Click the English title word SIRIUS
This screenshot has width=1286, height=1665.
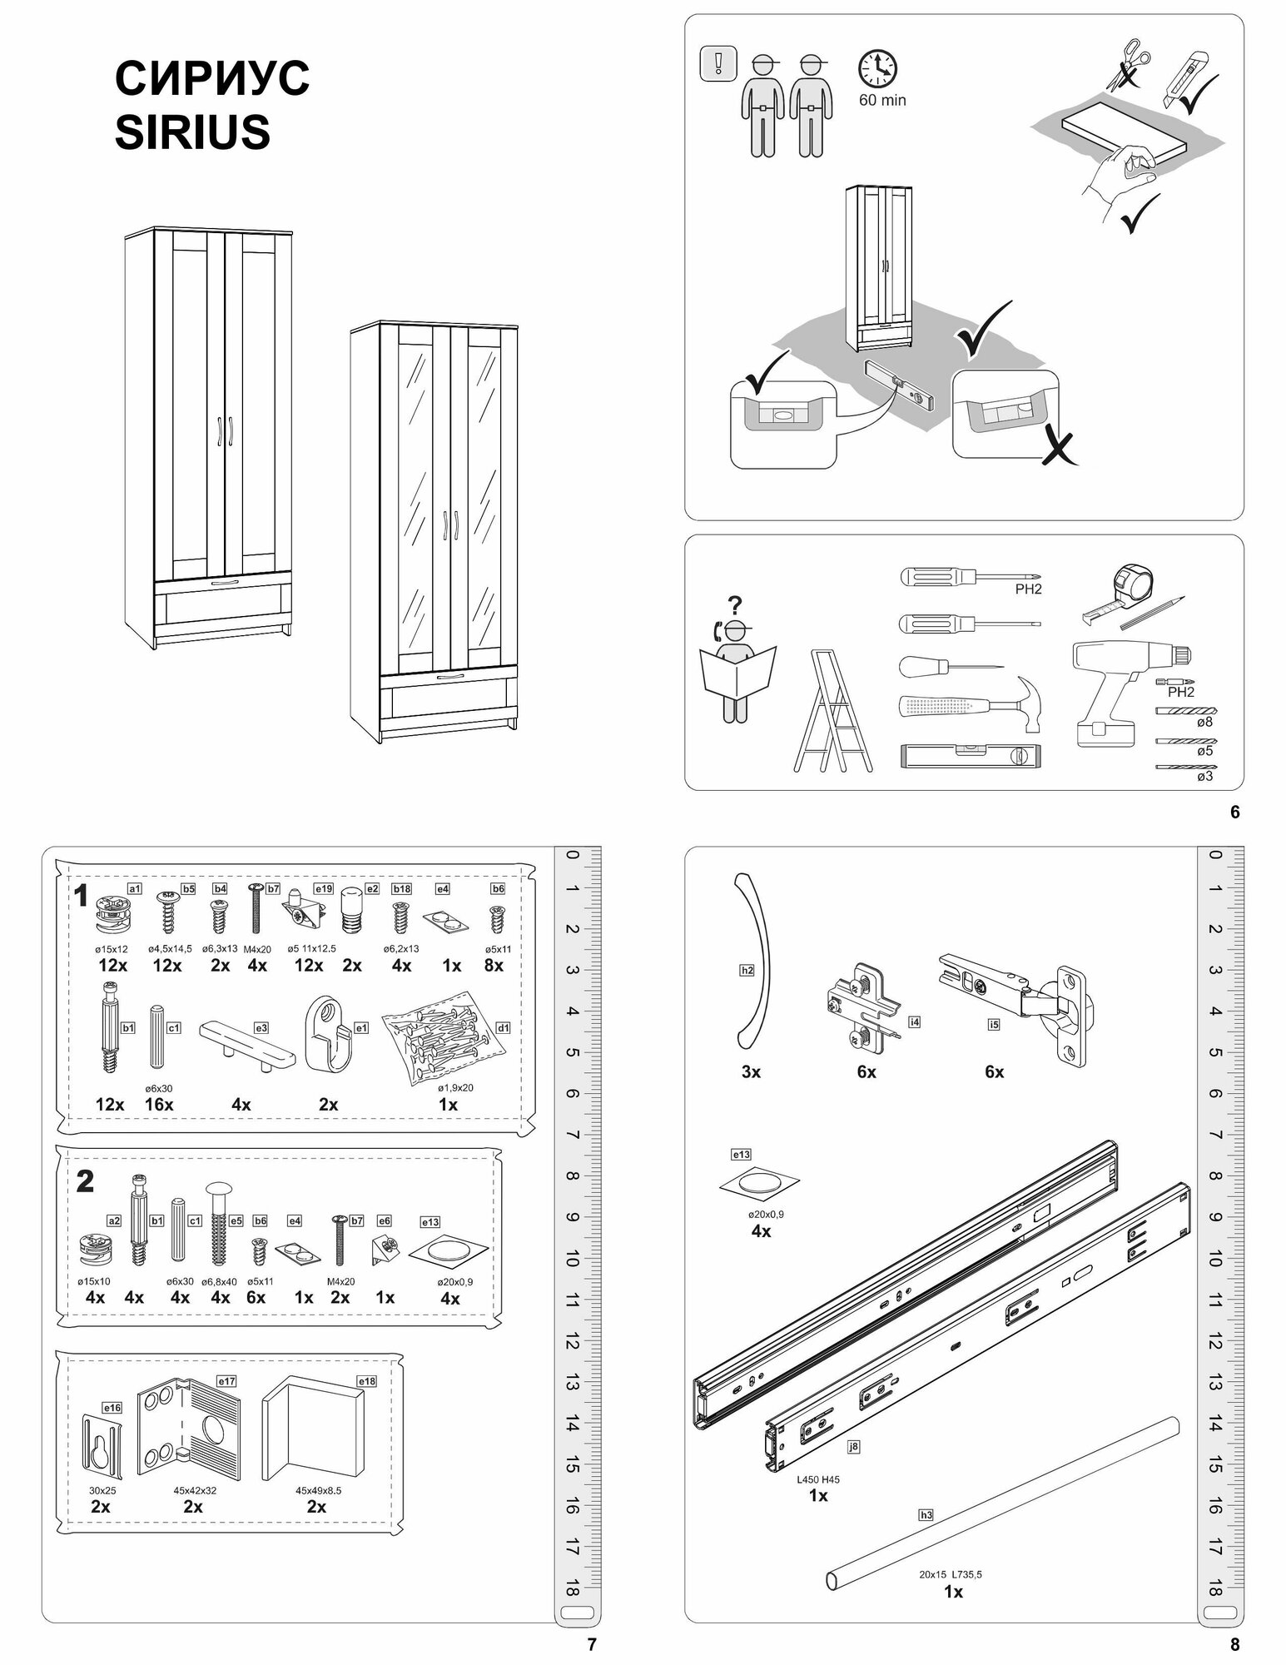click(192, 132)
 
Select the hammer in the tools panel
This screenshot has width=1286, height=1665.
click(970, 703)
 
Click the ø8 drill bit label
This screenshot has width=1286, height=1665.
click(1204, 722)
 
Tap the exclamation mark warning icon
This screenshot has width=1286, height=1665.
click(719, 63)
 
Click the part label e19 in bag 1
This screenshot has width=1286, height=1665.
click(325, 889)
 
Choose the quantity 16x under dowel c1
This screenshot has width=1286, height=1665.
click(158, 1105)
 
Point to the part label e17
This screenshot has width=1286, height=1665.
click(226, 1381)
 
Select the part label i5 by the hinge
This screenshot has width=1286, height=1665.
click(993, 1025)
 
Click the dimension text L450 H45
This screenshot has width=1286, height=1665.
click(818, 1479)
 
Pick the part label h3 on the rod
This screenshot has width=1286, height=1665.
click(926, 1515)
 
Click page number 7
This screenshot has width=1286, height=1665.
click(593, 1644)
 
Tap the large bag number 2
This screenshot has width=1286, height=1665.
click(85, 1182)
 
